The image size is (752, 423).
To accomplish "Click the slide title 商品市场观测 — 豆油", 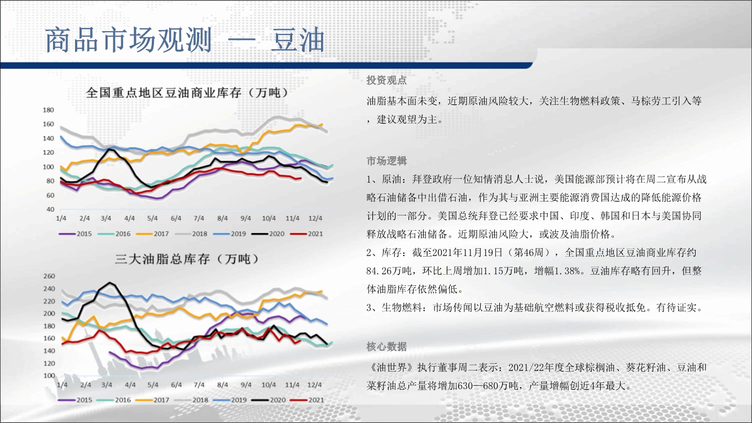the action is click(185, 40).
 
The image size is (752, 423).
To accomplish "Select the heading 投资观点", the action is click(386, 80).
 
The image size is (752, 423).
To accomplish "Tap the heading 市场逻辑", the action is click(386, 161).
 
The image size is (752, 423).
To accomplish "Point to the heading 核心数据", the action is click(386, 346).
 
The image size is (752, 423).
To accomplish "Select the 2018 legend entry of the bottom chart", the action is click(191, 400).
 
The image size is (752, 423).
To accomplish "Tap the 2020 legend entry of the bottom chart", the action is click(269, 400).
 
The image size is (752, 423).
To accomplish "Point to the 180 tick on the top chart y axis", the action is click(49, 110).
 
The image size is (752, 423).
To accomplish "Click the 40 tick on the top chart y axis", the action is click(50, 209).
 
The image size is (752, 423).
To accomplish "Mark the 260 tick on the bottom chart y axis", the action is click(49, 276).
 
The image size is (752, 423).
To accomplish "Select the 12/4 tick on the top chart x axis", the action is click(315, 218).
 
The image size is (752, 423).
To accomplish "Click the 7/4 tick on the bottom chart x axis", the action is click(199, 385).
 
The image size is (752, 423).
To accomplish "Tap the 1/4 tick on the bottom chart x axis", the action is click(62, 385).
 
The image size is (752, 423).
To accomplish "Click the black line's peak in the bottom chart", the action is click(109, 283).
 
